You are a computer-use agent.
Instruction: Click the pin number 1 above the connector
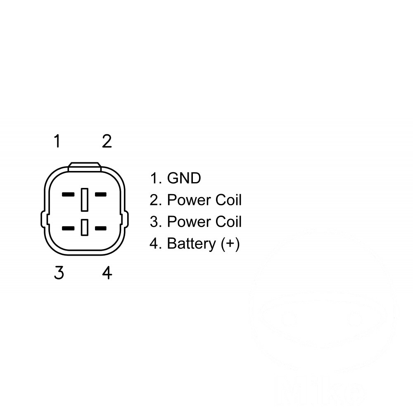(x=57, y=141)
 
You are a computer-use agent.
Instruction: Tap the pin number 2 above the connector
(x=107, y=141)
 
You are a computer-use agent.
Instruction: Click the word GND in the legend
(x=184, y=178)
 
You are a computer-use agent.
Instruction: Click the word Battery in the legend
(x=192, y=243)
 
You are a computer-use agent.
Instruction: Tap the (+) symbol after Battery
(x=230, y=244)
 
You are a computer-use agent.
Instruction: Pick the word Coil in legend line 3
(x=228, y=221)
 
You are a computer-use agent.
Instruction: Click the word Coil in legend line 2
(x=228, y=200)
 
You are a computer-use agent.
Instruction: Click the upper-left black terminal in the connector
(x=68, y=195)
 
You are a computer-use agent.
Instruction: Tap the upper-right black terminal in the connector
(x=101, y=195)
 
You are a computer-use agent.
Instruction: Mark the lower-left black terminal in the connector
(x=68, y=228)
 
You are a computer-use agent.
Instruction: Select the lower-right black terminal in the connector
(x=101, y=228)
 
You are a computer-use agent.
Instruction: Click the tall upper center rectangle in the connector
(x=85, y=199)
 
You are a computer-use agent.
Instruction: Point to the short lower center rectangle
(x=85, y=227)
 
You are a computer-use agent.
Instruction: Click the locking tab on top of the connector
(x=85, y=167)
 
